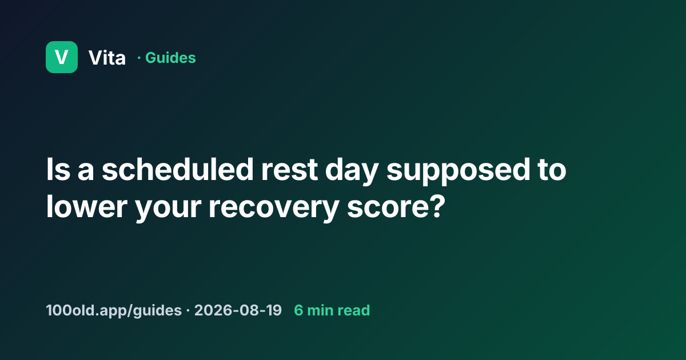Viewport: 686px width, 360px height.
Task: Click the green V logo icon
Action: point(62,57)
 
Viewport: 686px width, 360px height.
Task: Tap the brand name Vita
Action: point(107,58)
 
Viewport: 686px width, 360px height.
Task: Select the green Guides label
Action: point(170,58)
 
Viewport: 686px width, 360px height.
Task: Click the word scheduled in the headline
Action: point(177,169)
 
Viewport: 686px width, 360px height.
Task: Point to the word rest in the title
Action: point(289,170)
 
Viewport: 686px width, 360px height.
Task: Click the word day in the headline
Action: point(352,171)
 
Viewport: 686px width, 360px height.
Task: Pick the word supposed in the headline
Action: point(458,171)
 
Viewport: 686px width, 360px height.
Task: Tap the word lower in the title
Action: point(87,207)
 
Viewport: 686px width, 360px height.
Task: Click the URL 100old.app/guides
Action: point(114,310)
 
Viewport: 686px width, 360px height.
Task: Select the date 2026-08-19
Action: point(238,310)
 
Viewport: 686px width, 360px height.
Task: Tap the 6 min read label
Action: point(332,310)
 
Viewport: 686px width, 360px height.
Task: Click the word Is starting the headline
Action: point(58,169)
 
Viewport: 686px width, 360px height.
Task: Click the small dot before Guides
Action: point(139,58)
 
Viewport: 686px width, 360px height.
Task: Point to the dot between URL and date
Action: point(188,311)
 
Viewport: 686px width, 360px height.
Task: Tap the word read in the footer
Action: point(353,310)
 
